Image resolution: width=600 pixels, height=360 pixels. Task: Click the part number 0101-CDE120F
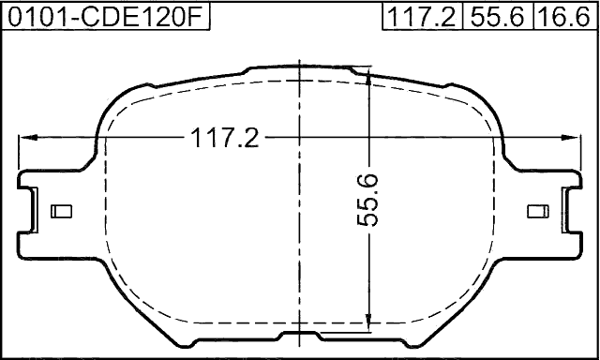[x=104, y=16]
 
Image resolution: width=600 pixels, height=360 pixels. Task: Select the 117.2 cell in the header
[x=423, y=16]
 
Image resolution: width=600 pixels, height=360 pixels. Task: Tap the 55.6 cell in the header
[x=497, y=16]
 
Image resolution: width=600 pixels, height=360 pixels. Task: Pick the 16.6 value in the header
[x=564, y=16]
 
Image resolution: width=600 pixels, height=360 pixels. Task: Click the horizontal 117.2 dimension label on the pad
[x=225, y=138]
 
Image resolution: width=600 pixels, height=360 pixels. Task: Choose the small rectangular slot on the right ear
[x=538, y=212]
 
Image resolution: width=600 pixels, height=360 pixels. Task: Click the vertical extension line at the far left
[x=20, y=155]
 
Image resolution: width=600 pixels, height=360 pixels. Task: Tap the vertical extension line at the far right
[x=579, y=155]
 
